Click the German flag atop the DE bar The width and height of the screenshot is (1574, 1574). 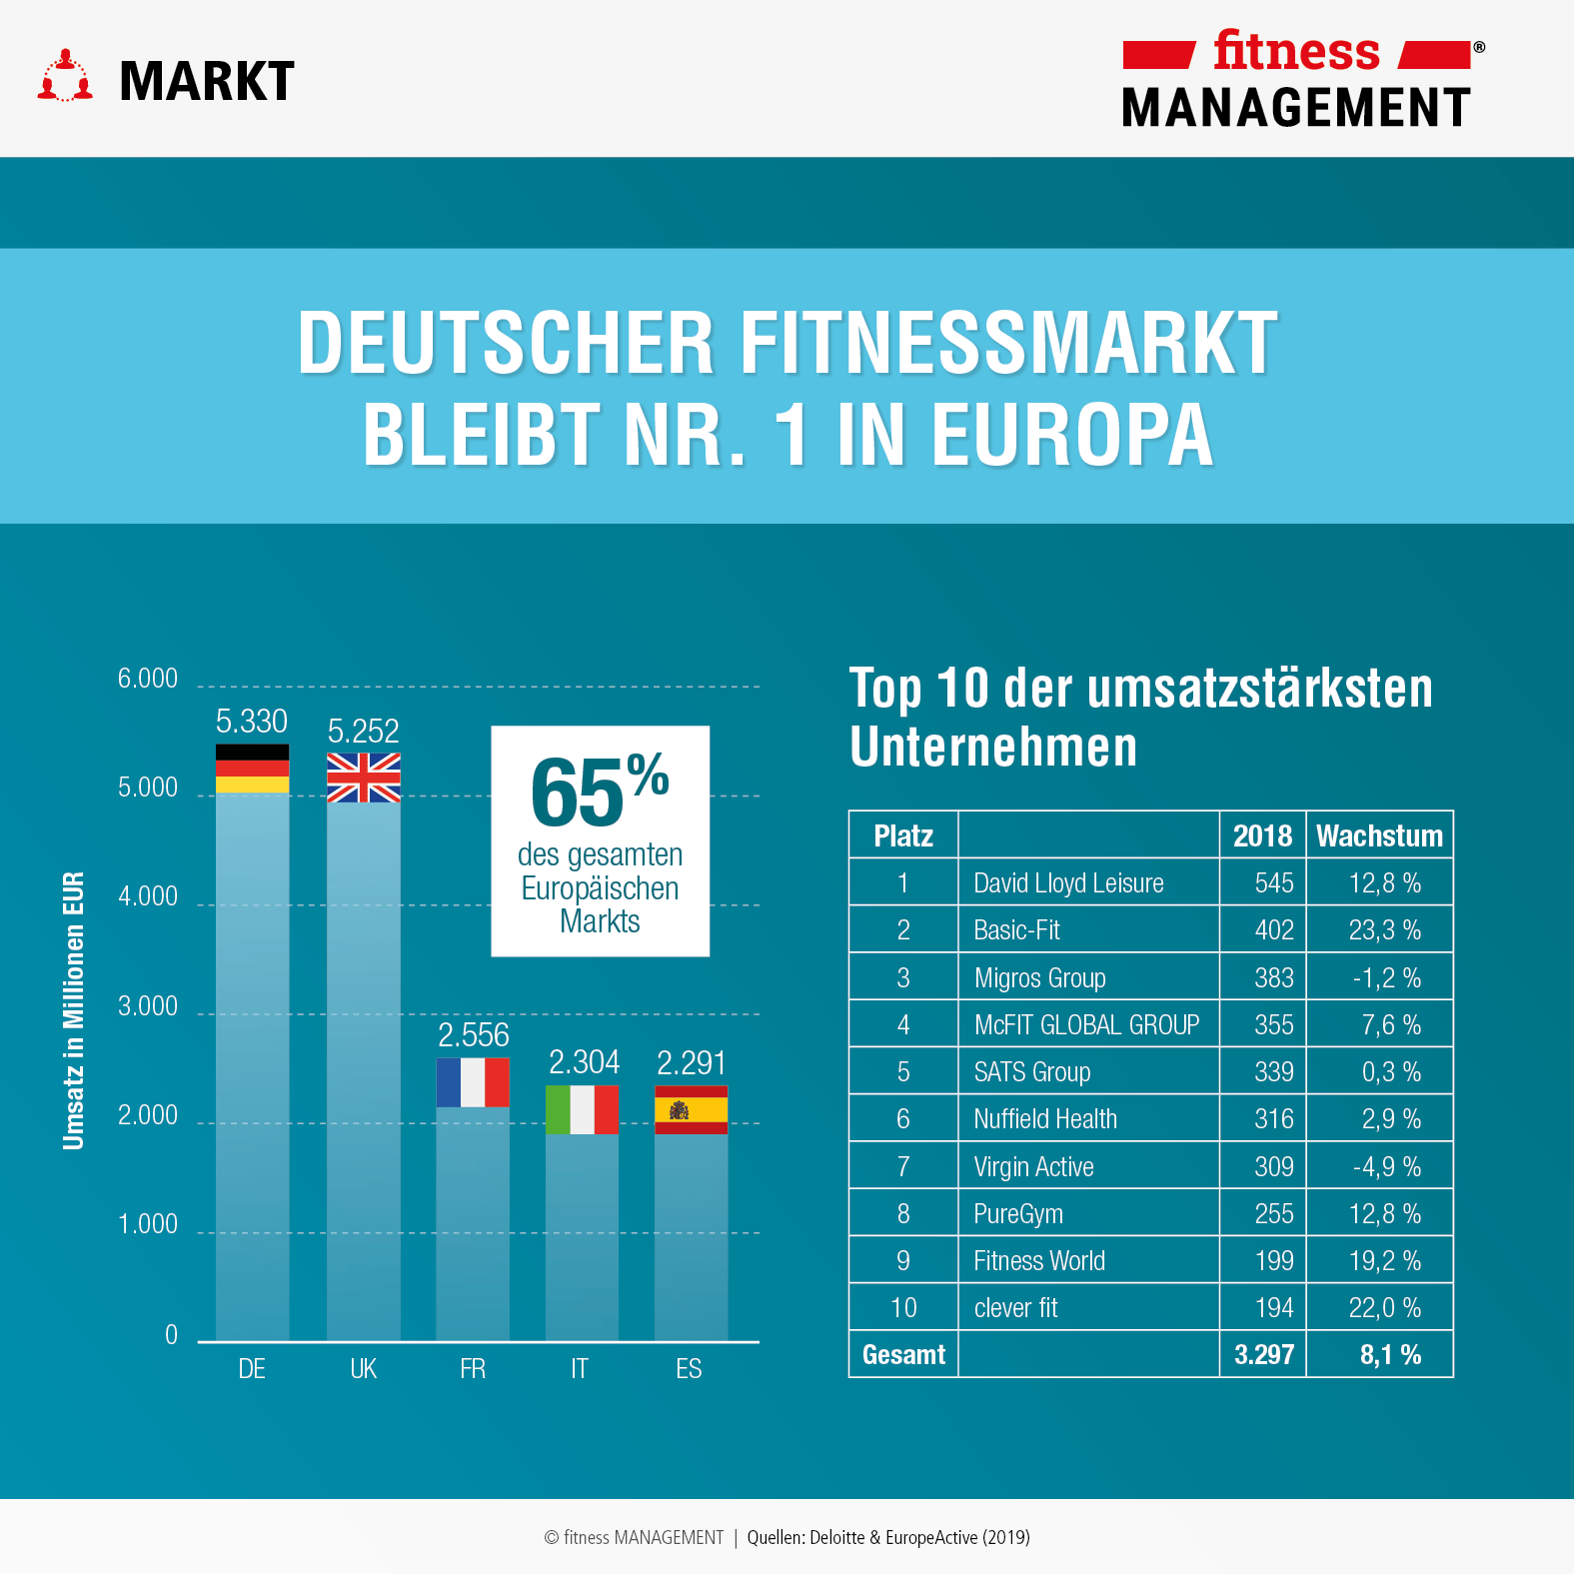coord(252,769)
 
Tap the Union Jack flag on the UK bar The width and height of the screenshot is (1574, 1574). coord(364,778)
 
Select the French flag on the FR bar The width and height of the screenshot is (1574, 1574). coord(473,1082)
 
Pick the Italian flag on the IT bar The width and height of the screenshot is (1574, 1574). coord(582,1109)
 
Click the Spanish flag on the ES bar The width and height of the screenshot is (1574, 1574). coord(691,1109)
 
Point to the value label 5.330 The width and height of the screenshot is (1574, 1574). coord(252,722)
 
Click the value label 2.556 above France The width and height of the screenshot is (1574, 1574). coord(473,1035)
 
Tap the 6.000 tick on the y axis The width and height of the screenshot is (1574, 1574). coord(148,679)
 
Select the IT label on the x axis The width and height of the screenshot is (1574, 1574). coord(580,1369)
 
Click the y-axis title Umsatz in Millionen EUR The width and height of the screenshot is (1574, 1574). coord(74,1010)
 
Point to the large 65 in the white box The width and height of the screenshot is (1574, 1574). coord(578,793)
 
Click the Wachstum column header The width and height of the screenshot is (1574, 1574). coord(1379,835)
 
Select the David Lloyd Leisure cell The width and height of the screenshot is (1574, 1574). coord(1068,883)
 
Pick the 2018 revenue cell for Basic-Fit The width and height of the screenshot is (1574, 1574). coord(1273,930)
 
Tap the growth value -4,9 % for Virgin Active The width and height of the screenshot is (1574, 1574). coord(1386,1166)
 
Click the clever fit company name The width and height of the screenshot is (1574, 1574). coord(1015,1308)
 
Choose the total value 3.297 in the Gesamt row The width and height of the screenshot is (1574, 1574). coord(1263,1355)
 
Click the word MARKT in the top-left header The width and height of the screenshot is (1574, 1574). coord(207,82)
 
